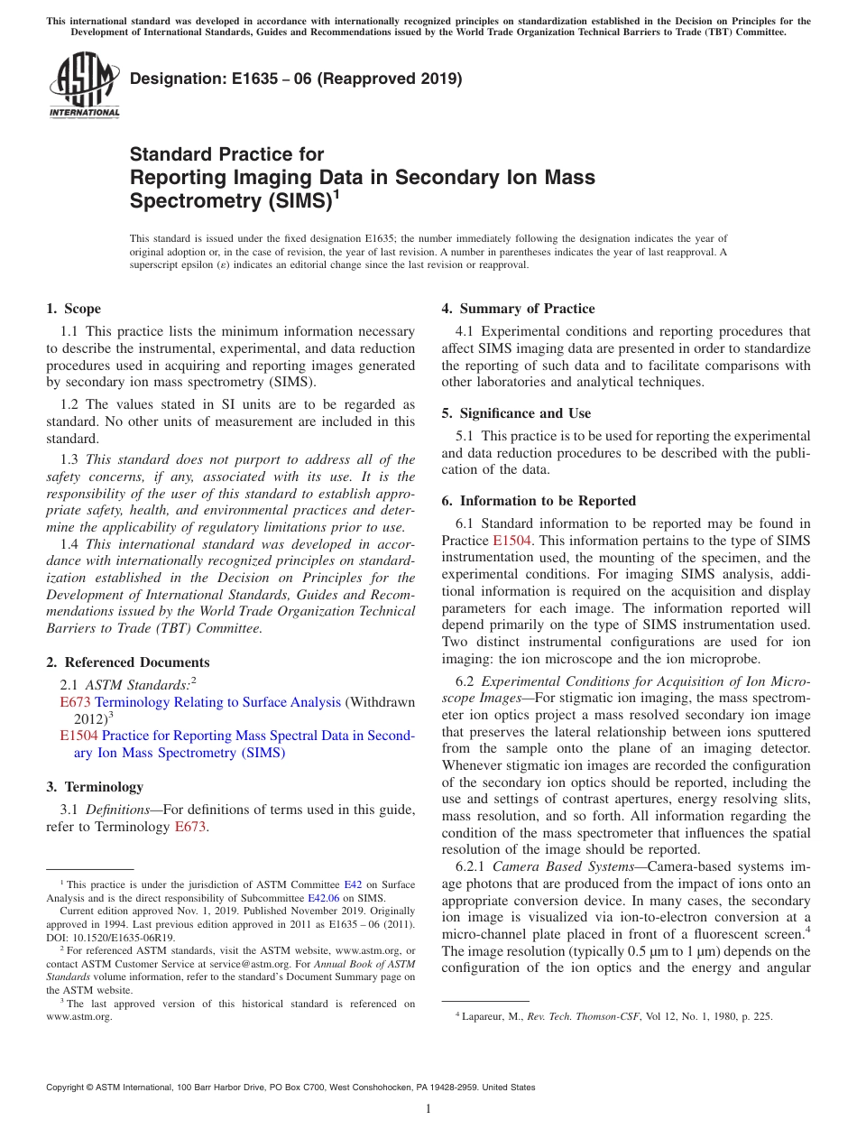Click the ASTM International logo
(x=84, y=85)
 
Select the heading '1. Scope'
(x=74, y=309)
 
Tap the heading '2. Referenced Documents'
(x=128, y=662)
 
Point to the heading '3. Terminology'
(x=95, y=787)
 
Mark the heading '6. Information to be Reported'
(x=539, y=501)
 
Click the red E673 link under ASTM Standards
(x=75, y=702)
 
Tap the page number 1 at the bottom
(x=428, y=1109)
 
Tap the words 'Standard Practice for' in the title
(x=227, y=154)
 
